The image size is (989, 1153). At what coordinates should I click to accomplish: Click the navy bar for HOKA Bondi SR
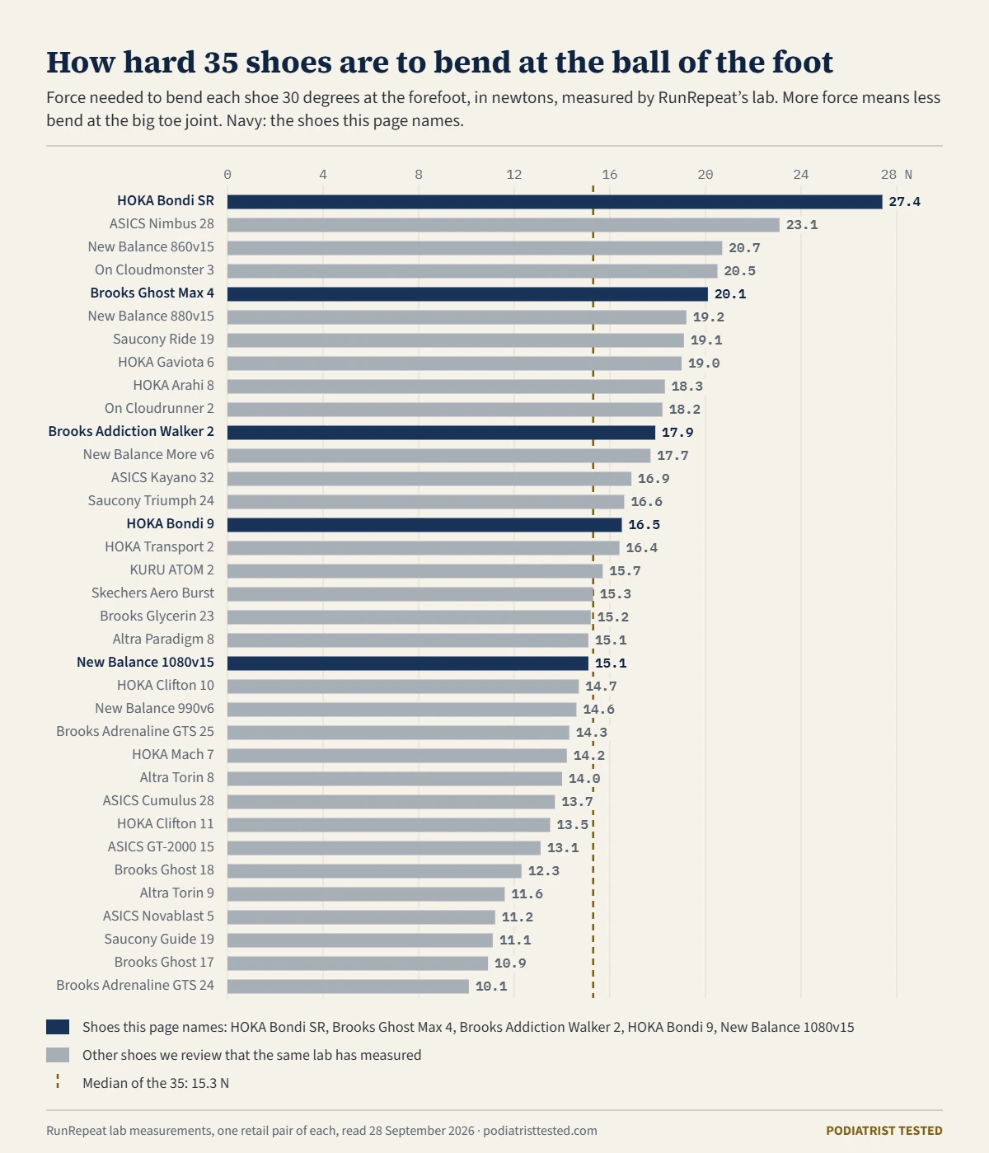(x=555, y=201)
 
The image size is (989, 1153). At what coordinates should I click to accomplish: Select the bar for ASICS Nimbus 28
(x=503, y=225)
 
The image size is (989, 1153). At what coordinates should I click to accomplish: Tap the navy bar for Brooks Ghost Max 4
(x=467, y=294)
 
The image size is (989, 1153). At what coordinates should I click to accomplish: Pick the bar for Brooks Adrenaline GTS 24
(x=348, y=987)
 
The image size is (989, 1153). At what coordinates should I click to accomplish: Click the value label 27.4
(x=904, y=202)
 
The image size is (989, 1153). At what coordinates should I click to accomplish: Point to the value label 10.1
(x=491, y=987)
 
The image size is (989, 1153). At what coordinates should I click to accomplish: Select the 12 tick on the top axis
(x=513, y=175)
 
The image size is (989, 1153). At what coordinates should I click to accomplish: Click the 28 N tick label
(x=897, y=175)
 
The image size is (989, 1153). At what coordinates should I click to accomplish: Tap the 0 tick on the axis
(x=227, y=175)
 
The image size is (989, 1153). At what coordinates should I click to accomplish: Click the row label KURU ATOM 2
(x=171, y=569)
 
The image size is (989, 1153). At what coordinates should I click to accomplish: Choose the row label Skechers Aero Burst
(x=152, y=593)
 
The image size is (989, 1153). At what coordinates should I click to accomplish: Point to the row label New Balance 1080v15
(x=145, y=662)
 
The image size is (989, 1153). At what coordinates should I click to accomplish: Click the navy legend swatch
(x=58, y=1027)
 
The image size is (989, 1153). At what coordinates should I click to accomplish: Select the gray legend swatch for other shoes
(x=58, y=1055)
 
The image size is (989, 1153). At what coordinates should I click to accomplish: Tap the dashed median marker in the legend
(x=58, y=1082)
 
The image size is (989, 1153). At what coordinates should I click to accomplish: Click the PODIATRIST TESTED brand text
(x=884, y=1131)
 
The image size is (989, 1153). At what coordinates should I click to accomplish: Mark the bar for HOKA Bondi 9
(x=424, y=524)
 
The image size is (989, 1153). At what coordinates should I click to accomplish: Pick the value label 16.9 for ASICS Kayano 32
(x=654, y=479)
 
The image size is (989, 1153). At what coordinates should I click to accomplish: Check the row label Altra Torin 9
(x=177, y=893)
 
